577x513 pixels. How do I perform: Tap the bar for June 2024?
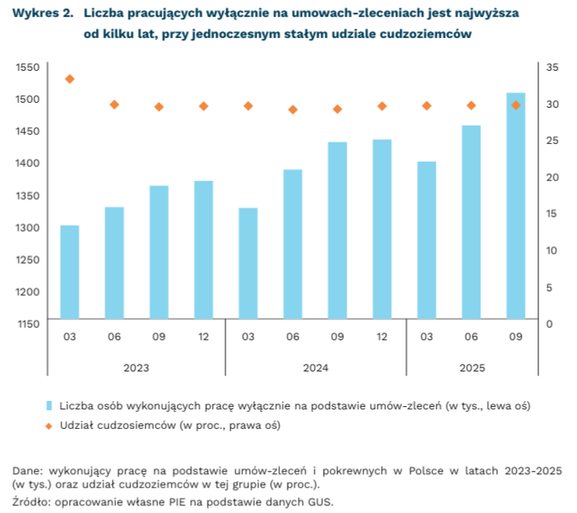[x=293, y=244]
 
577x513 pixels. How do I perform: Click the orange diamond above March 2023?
[x=70, y=79]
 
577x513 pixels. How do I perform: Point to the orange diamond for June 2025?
[x=471, y=105]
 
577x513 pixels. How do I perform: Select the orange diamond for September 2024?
[x=337, y=109]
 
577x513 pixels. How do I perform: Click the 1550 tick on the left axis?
[x=28, y=67]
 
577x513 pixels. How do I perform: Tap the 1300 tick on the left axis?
[x=28, y=228]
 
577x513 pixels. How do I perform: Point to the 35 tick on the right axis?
[x=552, y=67]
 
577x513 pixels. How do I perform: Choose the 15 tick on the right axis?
[x=552, y=214]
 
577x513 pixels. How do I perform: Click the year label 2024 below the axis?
[x=315, y=368]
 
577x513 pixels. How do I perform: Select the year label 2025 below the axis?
[x=471, y=368]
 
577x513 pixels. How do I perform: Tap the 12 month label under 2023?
[x=204, y=337]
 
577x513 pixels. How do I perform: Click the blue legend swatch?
[x=49, y=405]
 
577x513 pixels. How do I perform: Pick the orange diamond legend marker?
[x=49, y=425]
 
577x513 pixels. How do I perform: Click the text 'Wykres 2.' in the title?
[x=42, y=15]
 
